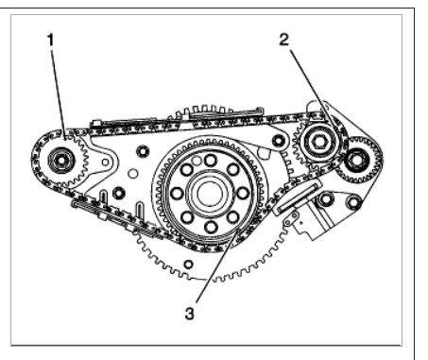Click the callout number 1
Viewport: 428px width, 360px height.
51,40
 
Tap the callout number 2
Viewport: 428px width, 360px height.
284,40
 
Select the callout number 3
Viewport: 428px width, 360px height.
189,314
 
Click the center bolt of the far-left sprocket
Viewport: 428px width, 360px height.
60,161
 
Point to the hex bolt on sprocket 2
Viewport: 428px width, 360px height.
319,142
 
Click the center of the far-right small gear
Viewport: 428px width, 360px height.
357,161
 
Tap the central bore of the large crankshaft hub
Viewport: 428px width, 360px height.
208,194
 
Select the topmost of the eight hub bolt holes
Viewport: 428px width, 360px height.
211,160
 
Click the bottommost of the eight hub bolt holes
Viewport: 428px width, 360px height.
211,227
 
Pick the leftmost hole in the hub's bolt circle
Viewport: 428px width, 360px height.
177,193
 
